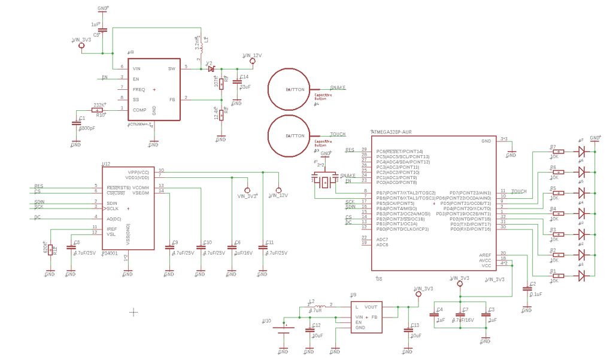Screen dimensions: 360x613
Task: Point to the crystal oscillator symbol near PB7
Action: coord(324,181)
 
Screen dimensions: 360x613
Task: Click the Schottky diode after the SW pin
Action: coord(211,69)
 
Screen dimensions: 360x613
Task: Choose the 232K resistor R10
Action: coord(98,110)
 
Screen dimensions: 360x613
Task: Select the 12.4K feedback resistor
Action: coord(221,114)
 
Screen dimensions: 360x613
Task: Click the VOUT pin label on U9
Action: coord(371,306)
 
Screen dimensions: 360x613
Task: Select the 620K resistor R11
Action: coord(50,247)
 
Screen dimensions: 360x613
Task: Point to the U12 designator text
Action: coord(106,164)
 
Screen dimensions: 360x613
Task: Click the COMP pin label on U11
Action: coord(139,110)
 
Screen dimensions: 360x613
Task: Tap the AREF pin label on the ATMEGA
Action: coord(485,255)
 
